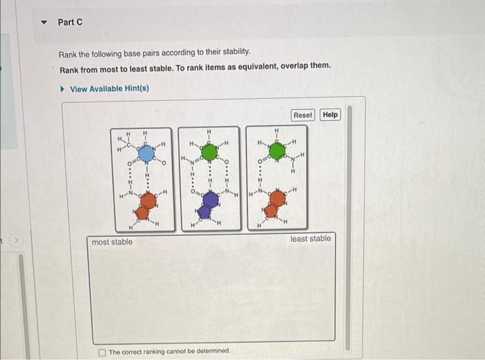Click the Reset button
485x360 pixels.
(x=303, y=115)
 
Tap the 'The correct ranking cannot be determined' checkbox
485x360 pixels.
(x=103, y=351)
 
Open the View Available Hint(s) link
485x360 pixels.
(x=109, y=89)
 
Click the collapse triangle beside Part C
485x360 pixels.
(x=45, y=22)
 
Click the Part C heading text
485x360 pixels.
(x=70, y=22)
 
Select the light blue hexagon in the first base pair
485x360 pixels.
(x=145, y=152)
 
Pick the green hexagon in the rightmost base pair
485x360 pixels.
(x=276, y=151)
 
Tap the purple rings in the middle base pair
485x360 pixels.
(x=207, y=205)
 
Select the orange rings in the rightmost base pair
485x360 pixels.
(x=274, y=204)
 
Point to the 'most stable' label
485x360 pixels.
(x=112, y=242)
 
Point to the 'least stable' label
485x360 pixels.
(x=310, y=239)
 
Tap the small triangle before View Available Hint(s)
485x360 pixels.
(x=63, y=89)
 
